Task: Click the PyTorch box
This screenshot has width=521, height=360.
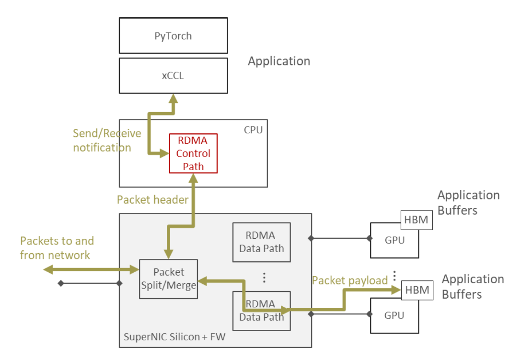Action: tap(173, 36)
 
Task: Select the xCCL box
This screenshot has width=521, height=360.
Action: tap(173, 76)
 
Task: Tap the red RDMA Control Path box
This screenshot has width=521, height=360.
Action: tap(193, 153)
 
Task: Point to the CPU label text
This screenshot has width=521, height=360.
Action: tap(253, 129)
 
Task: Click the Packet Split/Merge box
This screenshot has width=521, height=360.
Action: tap(168, 279)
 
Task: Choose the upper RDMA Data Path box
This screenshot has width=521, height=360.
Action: tap(261, 242)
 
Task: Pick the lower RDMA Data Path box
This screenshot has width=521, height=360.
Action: tap(261, 311)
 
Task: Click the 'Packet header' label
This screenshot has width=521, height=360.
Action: tap(152, 200)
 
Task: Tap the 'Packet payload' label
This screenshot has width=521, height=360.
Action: tap(349, 280)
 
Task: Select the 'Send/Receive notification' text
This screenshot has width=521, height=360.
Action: tap(106, 140)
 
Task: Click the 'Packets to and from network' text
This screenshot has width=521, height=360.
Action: tap(57, 248)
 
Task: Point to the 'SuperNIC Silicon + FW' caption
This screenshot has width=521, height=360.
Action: tap(174, 337)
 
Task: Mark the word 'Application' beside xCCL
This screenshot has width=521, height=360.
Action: tap(279, 61)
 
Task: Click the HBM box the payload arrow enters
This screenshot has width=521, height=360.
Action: tap(415, 290)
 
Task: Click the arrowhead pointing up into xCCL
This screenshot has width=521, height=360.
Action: tap(174, 98)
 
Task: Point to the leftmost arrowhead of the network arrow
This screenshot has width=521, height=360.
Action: tap(47, 270)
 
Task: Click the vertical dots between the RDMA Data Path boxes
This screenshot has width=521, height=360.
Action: tap(263, 277)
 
